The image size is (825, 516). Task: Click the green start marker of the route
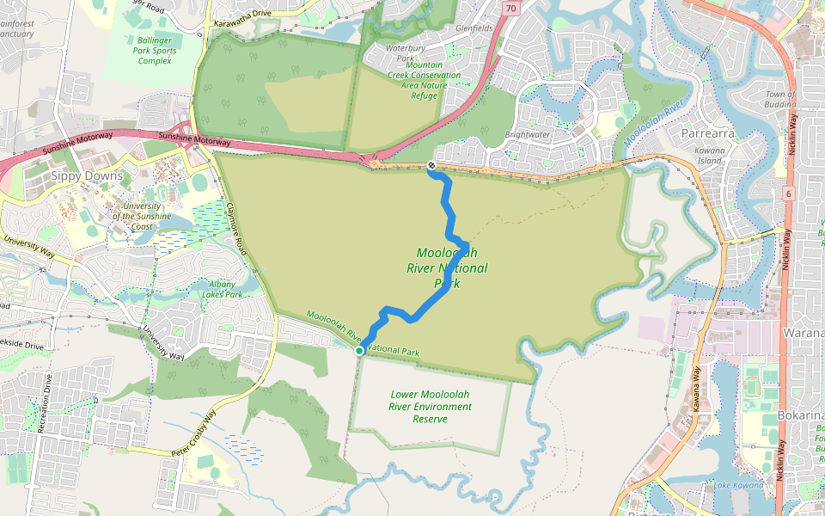point(359,351)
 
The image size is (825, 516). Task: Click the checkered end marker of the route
point(431,165)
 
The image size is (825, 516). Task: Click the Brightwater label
point(527,135)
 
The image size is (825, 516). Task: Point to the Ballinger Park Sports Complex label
point(155,51)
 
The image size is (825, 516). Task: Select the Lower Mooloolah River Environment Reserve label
point(431,407)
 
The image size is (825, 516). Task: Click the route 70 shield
point(512,9)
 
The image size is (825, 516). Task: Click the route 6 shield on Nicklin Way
point(787,193)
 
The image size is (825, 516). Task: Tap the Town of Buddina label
point(780,99)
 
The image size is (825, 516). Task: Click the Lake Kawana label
point(738,486)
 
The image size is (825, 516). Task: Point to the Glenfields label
point(475,28)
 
